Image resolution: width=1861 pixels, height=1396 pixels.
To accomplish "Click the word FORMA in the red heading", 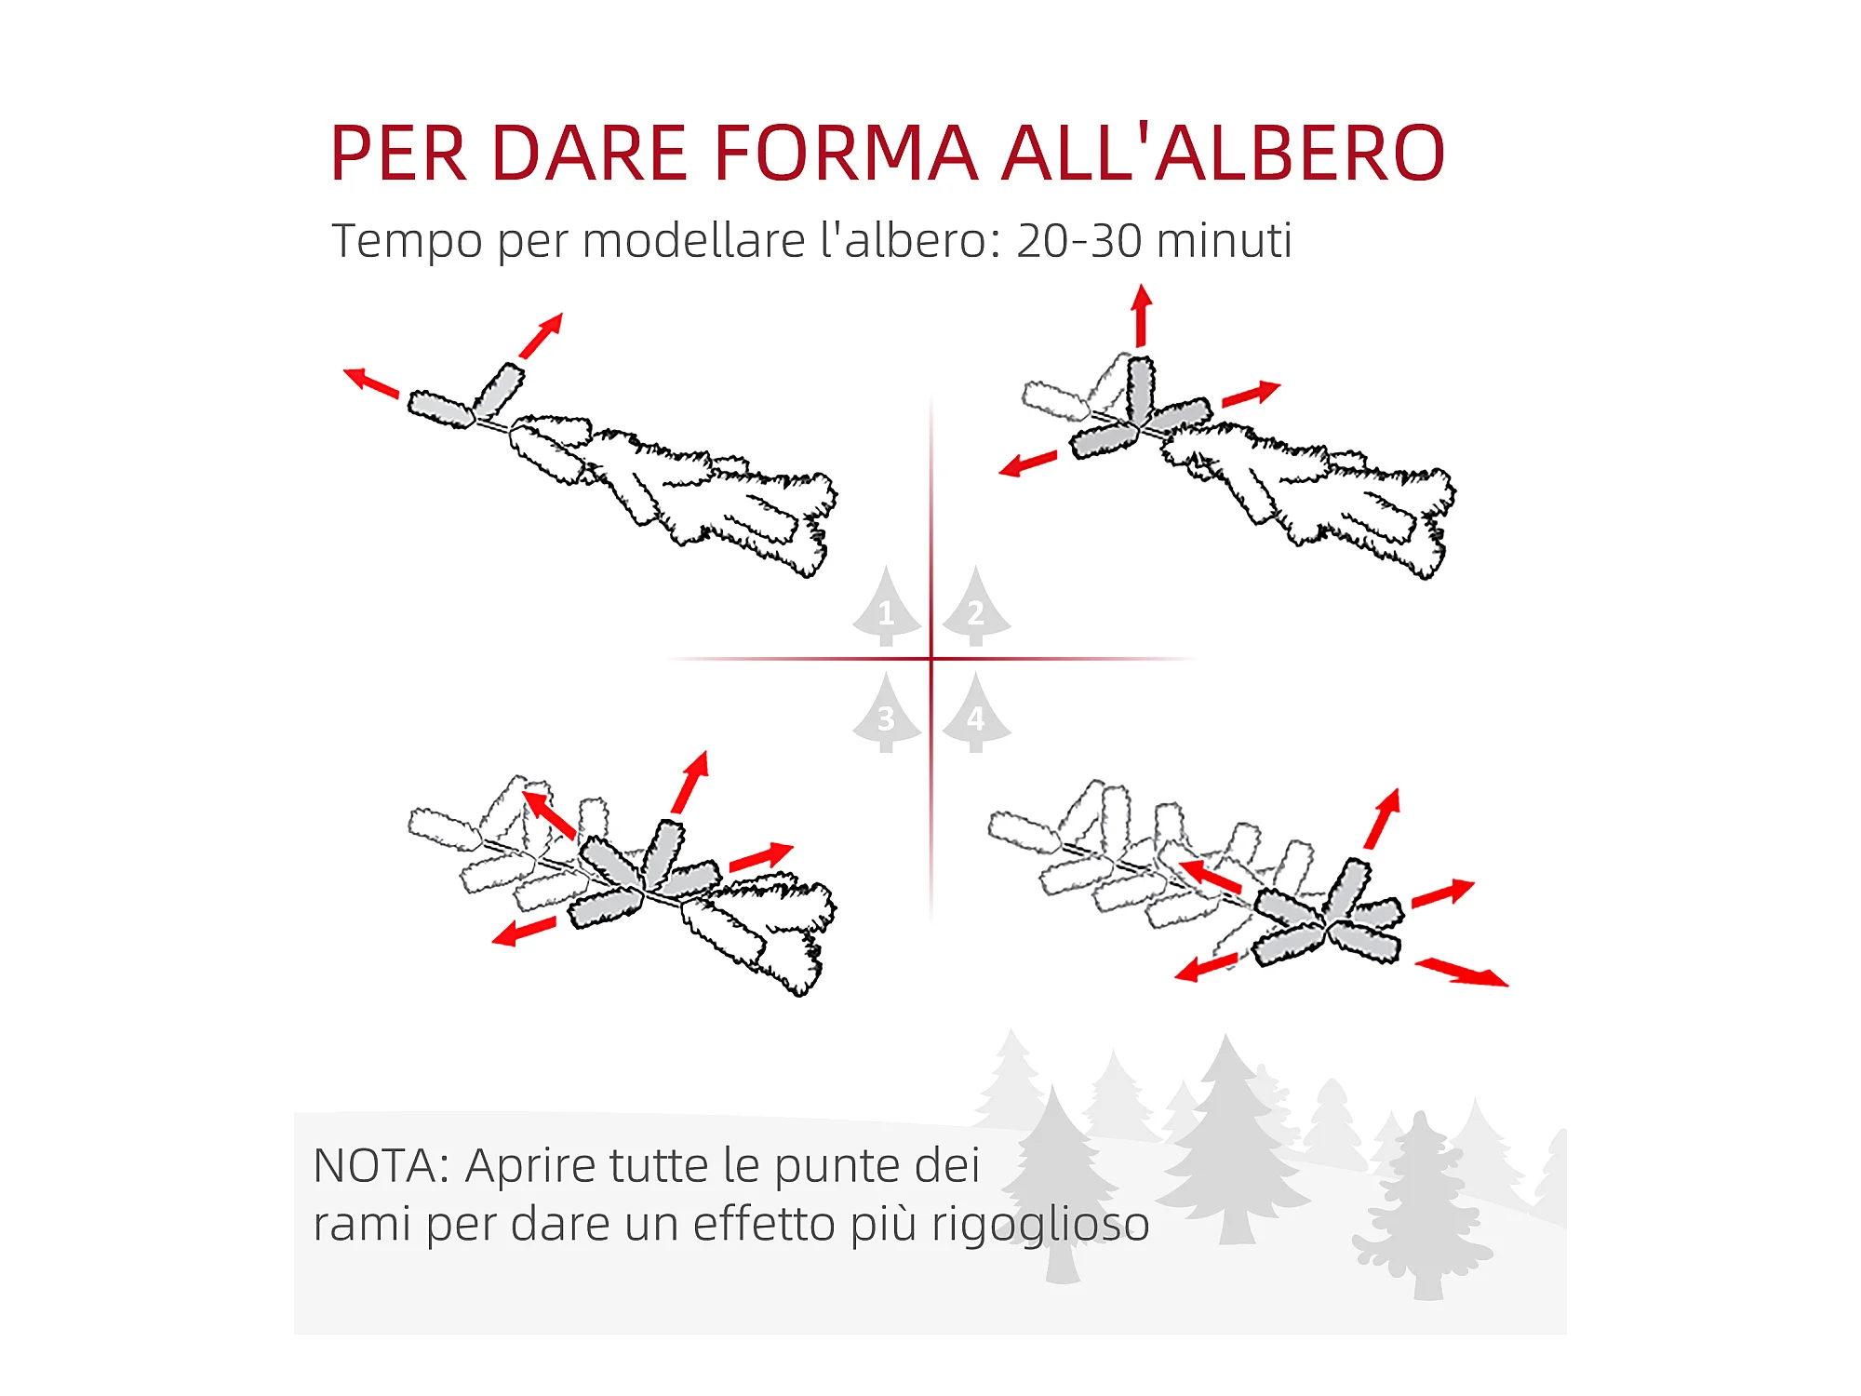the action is [846, 153].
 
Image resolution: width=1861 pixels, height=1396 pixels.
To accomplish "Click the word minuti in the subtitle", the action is [1225, 240].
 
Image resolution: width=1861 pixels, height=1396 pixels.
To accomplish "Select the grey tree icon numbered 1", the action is [887, 606].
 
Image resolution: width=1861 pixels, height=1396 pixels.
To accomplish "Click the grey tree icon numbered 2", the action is [976, 606].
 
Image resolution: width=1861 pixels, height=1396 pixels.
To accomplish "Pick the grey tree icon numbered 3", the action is [887, 713].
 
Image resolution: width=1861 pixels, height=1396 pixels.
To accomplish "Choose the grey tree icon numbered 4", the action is [976, 713].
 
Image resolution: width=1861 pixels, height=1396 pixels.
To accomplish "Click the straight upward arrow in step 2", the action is [1142, 316].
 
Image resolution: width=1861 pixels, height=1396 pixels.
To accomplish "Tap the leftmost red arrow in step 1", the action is [371, 383].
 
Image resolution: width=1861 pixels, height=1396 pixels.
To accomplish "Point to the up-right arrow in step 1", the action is [542, 335].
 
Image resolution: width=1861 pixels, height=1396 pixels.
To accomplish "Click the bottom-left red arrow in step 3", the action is [524, 931].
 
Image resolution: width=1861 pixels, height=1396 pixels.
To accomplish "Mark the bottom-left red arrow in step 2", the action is [1028, 463].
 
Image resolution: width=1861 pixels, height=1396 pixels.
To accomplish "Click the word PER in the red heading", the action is [398, 153].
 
